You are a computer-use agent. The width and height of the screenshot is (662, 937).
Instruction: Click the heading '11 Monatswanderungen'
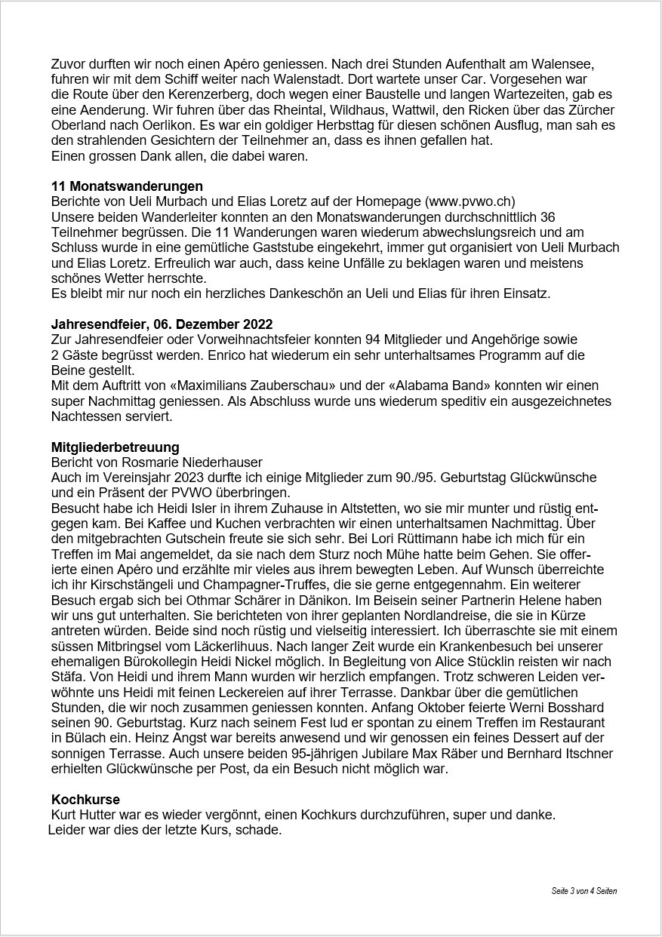click(127, 186)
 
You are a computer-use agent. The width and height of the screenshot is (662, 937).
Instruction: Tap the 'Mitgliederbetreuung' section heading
click(115, 447)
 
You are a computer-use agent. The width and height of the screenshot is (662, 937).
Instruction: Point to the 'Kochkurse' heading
click(85, 800)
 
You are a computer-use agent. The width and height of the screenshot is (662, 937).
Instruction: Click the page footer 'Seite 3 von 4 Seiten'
click(583, 891)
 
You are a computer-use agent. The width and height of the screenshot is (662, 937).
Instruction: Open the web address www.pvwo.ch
click(470, 201)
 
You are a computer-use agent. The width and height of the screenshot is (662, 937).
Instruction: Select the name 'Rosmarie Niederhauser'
click(198, 462)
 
